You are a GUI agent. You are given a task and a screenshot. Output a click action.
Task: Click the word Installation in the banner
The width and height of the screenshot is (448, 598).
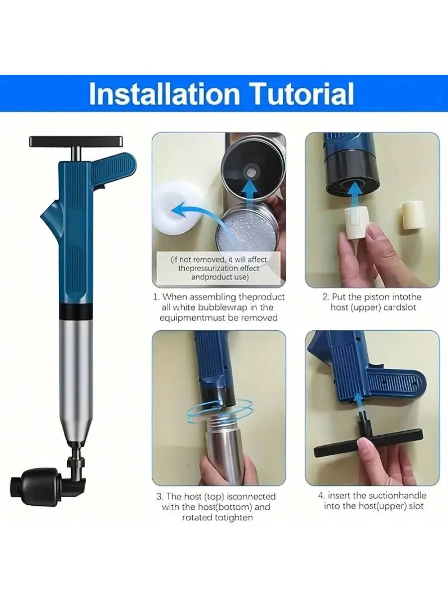164,94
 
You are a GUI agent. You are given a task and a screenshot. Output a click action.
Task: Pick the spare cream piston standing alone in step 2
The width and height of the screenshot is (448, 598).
412,215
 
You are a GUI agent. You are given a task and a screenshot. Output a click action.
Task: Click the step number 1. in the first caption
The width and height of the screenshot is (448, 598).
156,297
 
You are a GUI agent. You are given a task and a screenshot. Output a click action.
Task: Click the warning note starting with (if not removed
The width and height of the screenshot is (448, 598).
219,268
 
